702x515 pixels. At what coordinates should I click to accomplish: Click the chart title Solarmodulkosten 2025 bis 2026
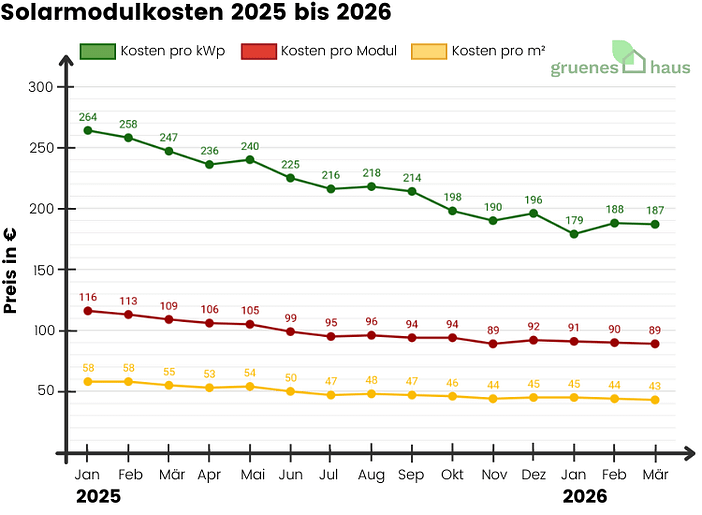tap(196, 14)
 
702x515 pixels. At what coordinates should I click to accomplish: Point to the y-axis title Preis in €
tap(13, 270)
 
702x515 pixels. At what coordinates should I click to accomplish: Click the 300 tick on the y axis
tap(40, 87)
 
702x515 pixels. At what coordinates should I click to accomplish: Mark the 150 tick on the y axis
tap(40, 270)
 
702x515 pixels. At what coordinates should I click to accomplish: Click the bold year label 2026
tap(584, 496)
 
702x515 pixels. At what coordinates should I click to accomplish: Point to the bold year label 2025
tap(98, 496)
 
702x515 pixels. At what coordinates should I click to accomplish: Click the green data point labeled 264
tap(88, 130)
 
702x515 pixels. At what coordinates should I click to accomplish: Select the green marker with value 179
tap(574, 234)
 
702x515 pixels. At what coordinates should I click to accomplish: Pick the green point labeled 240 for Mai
tap(250, 160)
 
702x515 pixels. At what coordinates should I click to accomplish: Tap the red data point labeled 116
tap(88, 311)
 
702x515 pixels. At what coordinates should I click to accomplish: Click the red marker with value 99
tap(290, 331)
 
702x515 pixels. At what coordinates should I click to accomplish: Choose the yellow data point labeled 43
tap(654, 400)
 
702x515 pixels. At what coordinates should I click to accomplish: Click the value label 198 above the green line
tap(452, 197)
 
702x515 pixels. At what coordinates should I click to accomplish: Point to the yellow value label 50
tap(290, 377)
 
